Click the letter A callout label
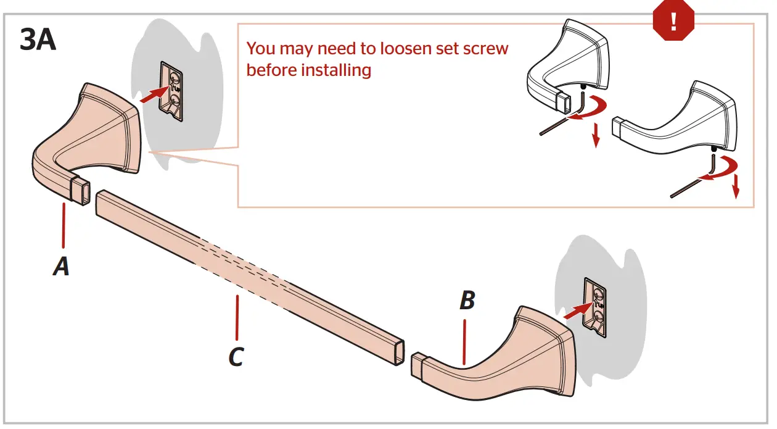click(60, 267)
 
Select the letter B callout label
click(467, 301)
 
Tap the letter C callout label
click(236, 356)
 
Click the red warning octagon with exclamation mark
click(673, 21)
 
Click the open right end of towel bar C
click(400, 352)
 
